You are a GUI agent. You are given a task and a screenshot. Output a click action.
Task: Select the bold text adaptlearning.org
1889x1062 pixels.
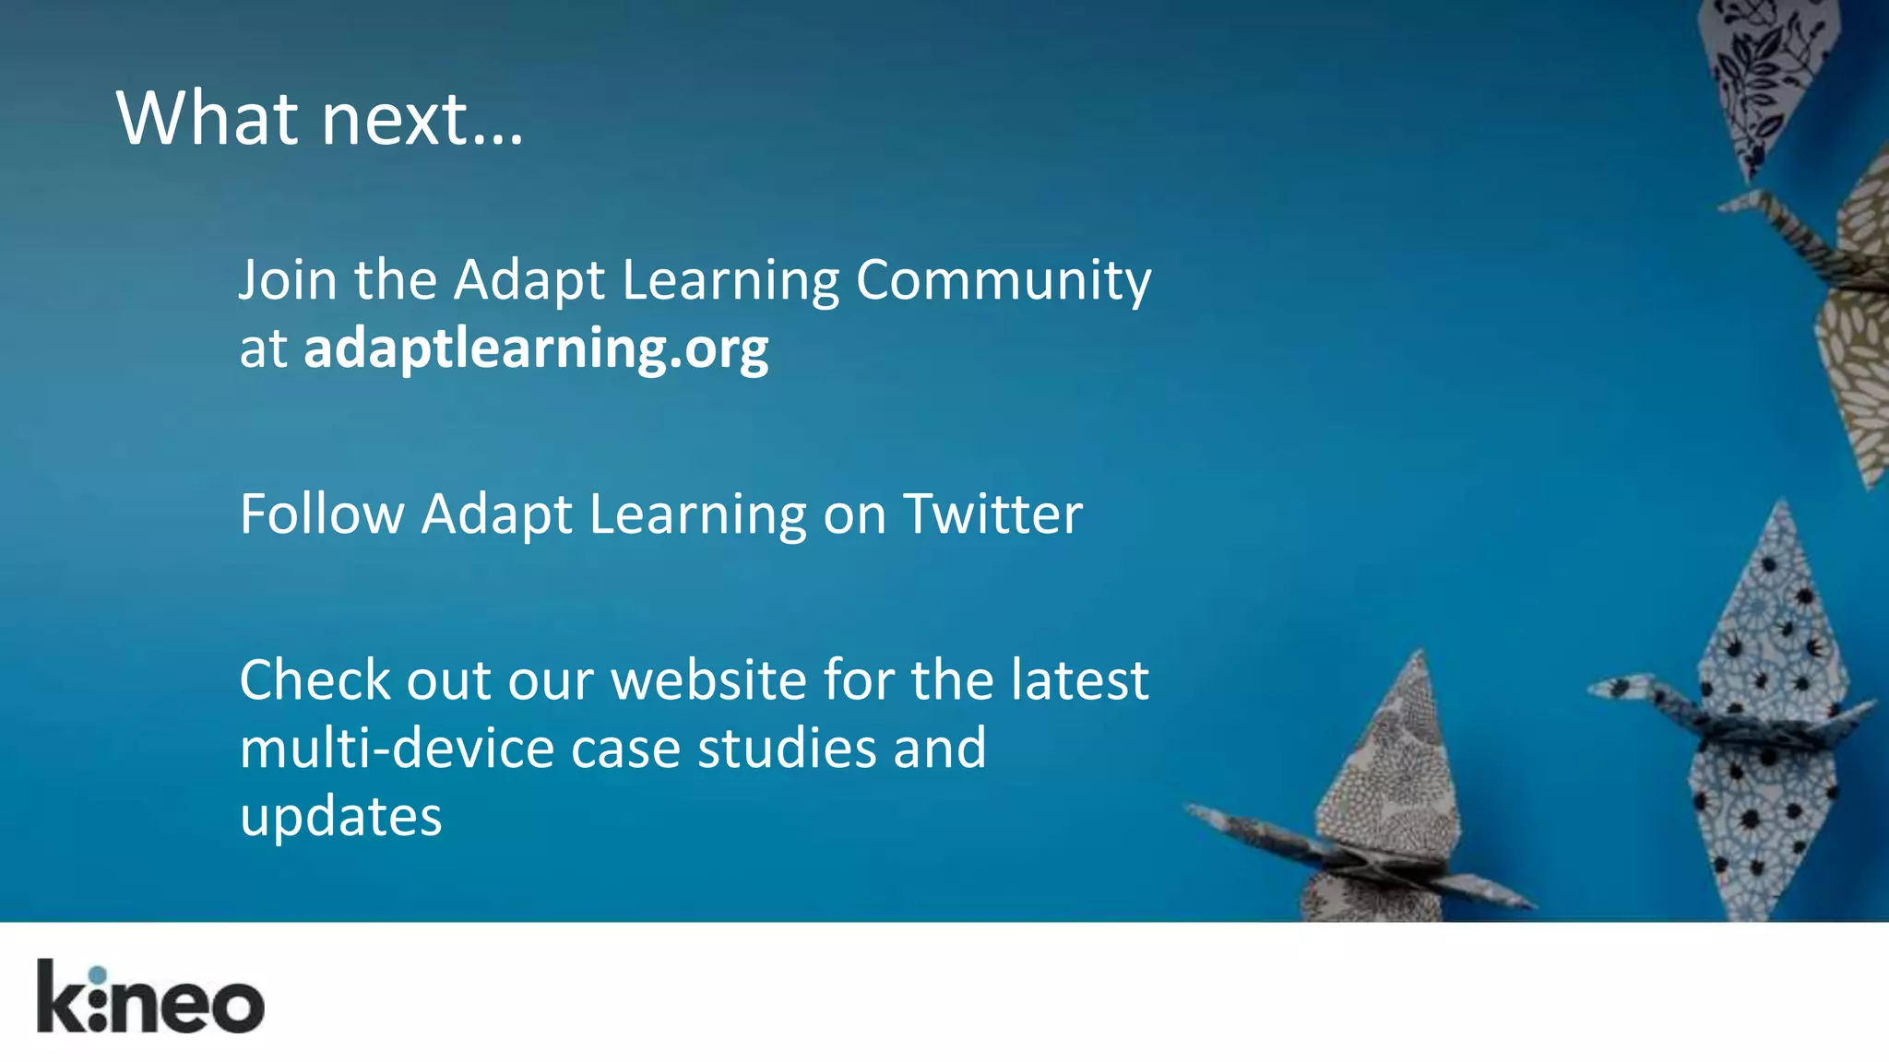(x=536, y=348)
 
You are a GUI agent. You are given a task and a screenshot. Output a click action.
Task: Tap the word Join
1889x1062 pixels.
(x=288, y=279)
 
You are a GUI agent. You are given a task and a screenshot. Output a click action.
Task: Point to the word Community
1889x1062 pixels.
(x=1004, y=281)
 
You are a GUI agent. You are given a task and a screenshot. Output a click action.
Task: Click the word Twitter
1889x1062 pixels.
(x=992, y=513)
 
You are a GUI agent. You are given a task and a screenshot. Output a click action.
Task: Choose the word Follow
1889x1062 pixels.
(x=322, y=513)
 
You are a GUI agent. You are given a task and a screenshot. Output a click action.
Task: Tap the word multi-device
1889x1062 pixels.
(x=396, y=748)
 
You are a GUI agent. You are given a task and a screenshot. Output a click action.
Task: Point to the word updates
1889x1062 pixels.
(x=340, y=817)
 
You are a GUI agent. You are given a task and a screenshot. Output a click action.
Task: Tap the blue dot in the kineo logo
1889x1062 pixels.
(x=99, y=974)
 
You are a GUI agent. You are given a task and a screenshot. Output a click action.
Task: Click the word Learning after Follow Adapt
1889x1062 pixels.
(x=696, y=513)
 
